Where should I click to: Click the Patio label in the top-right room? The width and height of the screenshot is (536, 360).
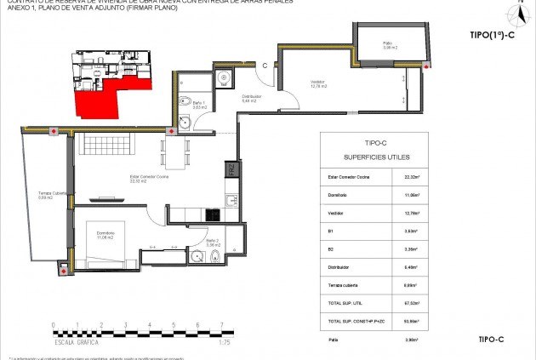tap(387, 45)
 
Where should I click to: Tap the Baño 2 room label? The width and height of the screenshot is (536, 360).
tap(213, 243)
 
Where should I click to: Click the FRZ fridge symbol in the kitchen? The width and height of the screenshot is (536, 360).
tap(231, 170)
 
